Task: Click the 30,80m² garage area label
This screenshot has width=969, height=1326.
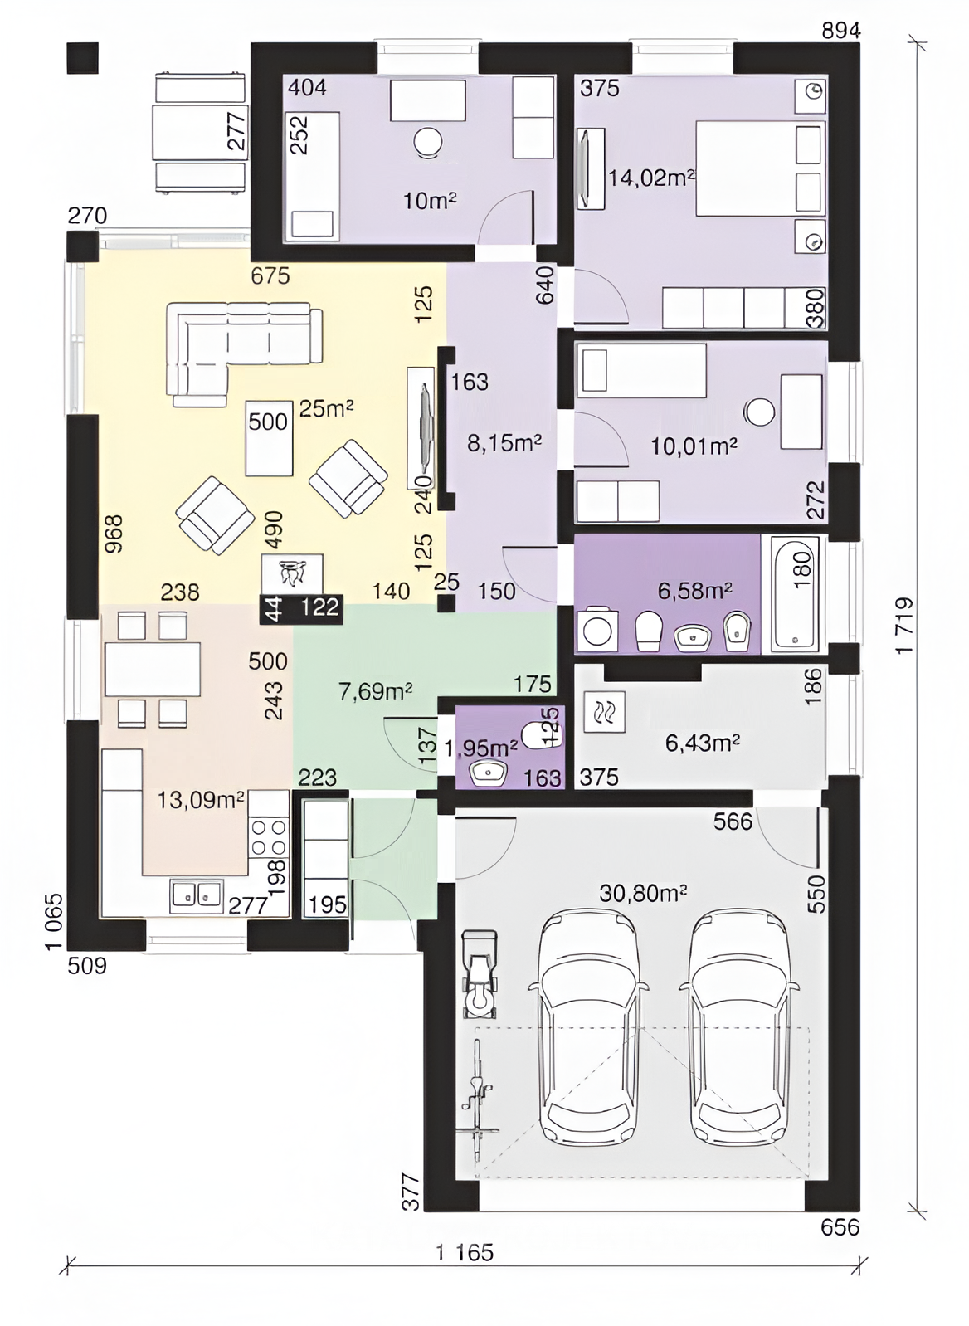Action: [643, 893]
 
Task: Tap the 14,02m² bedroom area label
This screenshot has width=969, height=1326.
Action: [652, 177]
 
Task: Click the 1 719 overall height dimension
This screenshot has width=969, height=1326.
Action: [905, 626]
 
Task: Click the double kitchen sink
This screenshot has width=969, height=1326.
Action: [197, 894]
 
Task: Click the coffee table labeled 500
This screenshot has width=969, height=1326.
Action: [270, 438]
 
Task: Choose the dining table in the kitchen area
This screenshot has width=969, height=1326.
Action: [153, 670]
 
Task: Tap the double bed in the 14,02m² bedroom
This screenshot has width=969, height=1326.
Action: [760, 168]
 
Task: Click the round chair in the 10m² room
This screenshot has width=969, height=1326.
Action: [428, 143]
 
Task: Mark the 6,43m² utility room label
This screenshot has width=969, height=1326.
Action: [703, 742]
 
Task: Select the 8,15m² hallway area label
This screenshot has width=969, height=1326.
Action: [504, 442]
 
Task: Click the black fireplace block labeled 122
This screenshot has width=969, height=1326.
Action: [301, 608]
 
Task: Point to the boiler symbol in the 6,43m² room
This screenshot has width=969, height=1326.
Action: [604, 712]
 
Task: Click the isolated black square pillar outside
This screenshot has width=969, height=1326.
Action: [82, 58]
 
